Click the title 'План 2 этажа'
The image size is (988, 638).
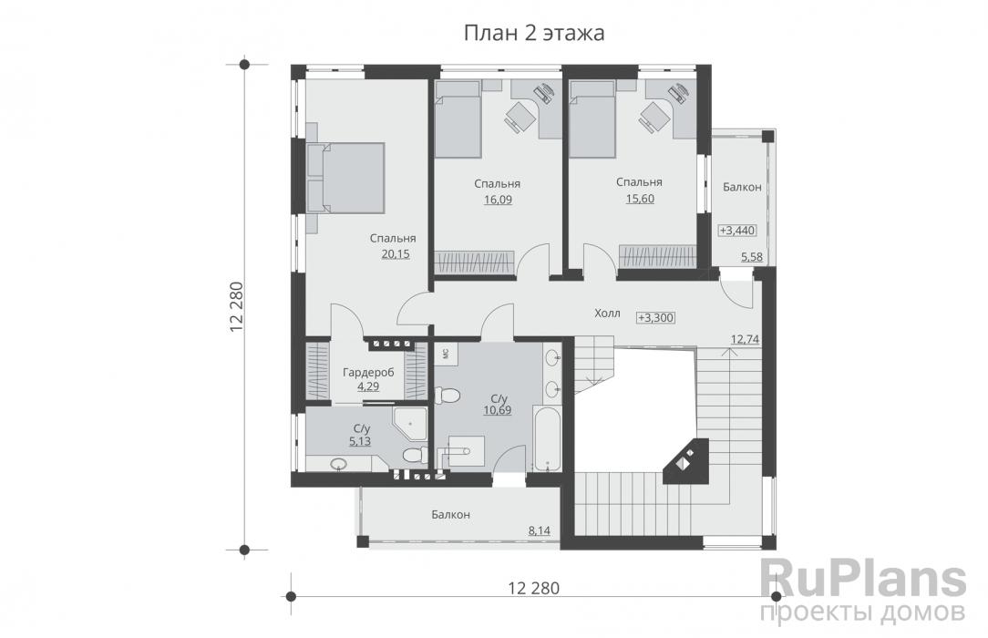[534, 33]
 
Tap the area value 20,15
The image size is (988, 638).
[395, 253]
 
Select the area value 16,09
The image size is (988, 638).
[498, 200]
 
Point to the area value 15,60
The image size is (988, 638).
[640, 199]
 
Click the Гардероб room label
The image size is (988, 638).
[368, 372]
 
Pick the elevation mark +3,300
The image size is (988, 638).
[656, 317]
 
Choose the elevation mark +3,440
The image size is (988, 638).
[737, 231]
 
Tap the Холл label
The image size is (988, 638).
[607, 313]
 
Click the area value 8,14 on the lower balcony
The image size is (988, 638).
[539, 531]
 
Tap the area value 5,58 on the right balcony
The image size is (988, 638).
[752, 256]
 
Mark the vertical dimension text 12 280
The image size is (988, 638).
[236, 307]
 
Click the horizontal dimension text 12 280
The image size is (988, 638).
[534, 588]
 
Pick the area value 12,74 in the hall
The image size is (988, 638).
[745, 339]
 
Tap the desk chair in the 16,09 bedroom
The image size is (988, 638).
[518, 118]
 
